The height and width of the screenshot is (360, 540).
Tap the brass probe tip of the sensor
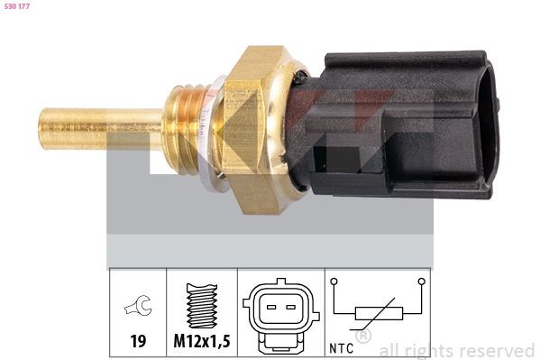(x=81, y=128)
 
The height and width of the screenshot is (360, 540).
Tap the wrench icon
(x=137, y=308)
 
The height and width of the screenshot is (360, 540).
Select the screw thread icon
(x=202, y=308)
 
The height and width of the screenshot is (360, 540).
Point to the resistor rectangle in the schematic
(x=378, y=314)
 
